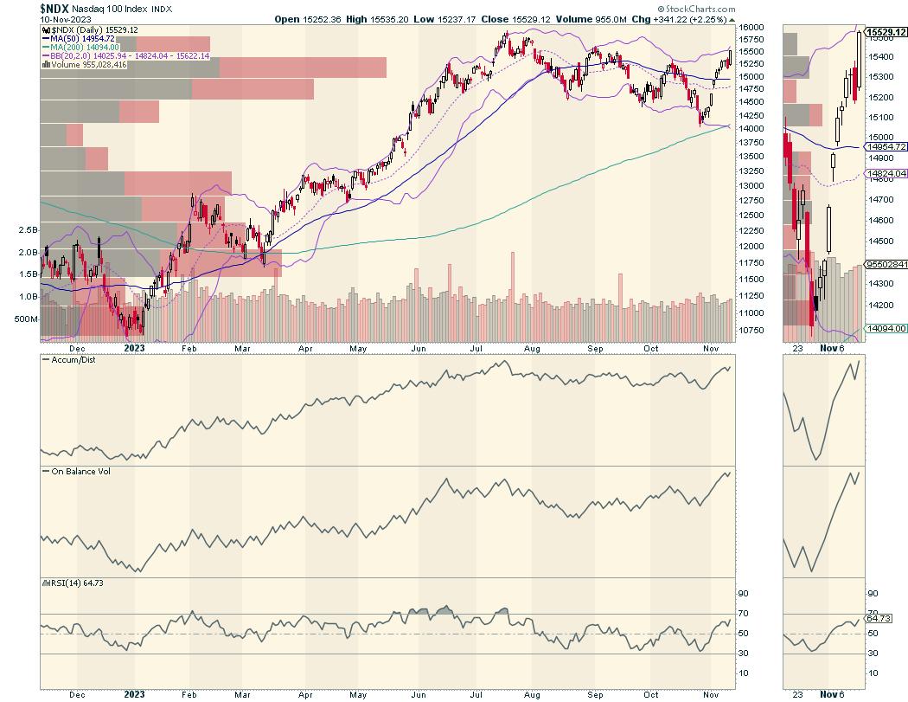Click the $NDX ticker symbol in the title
[x=54, y=8]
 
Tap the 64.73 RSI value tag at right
[x=879, y=619]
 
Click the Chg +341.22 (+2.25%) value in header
[x=686, y=18]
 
